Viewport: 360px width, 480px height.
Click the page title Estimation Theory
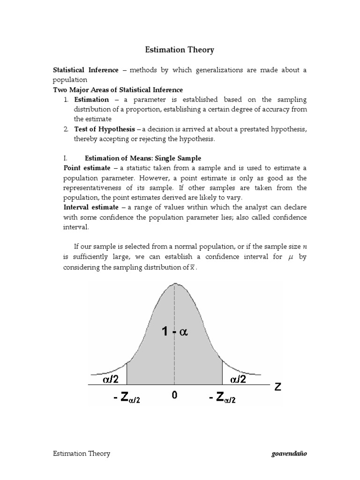coord(180,49)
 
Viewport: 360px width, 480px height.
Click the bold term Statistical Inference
coord(85,70)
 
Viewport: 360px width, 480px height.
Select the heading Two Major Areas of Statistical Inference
coord(117,90)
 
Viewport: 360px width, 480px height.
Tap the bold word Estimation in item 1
coord(91,99)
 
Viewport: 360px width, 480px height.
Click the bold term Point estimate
coord(87,168)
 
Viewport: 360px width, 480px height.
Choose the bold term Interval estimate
coord(91,207)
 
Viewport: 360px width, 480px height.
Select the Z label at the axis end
coord(277,388)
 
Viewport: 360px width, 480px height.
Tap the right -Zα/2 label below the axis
coord(222,398)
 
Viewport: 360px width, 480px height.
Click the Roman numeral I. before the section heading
coord(66,158)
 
